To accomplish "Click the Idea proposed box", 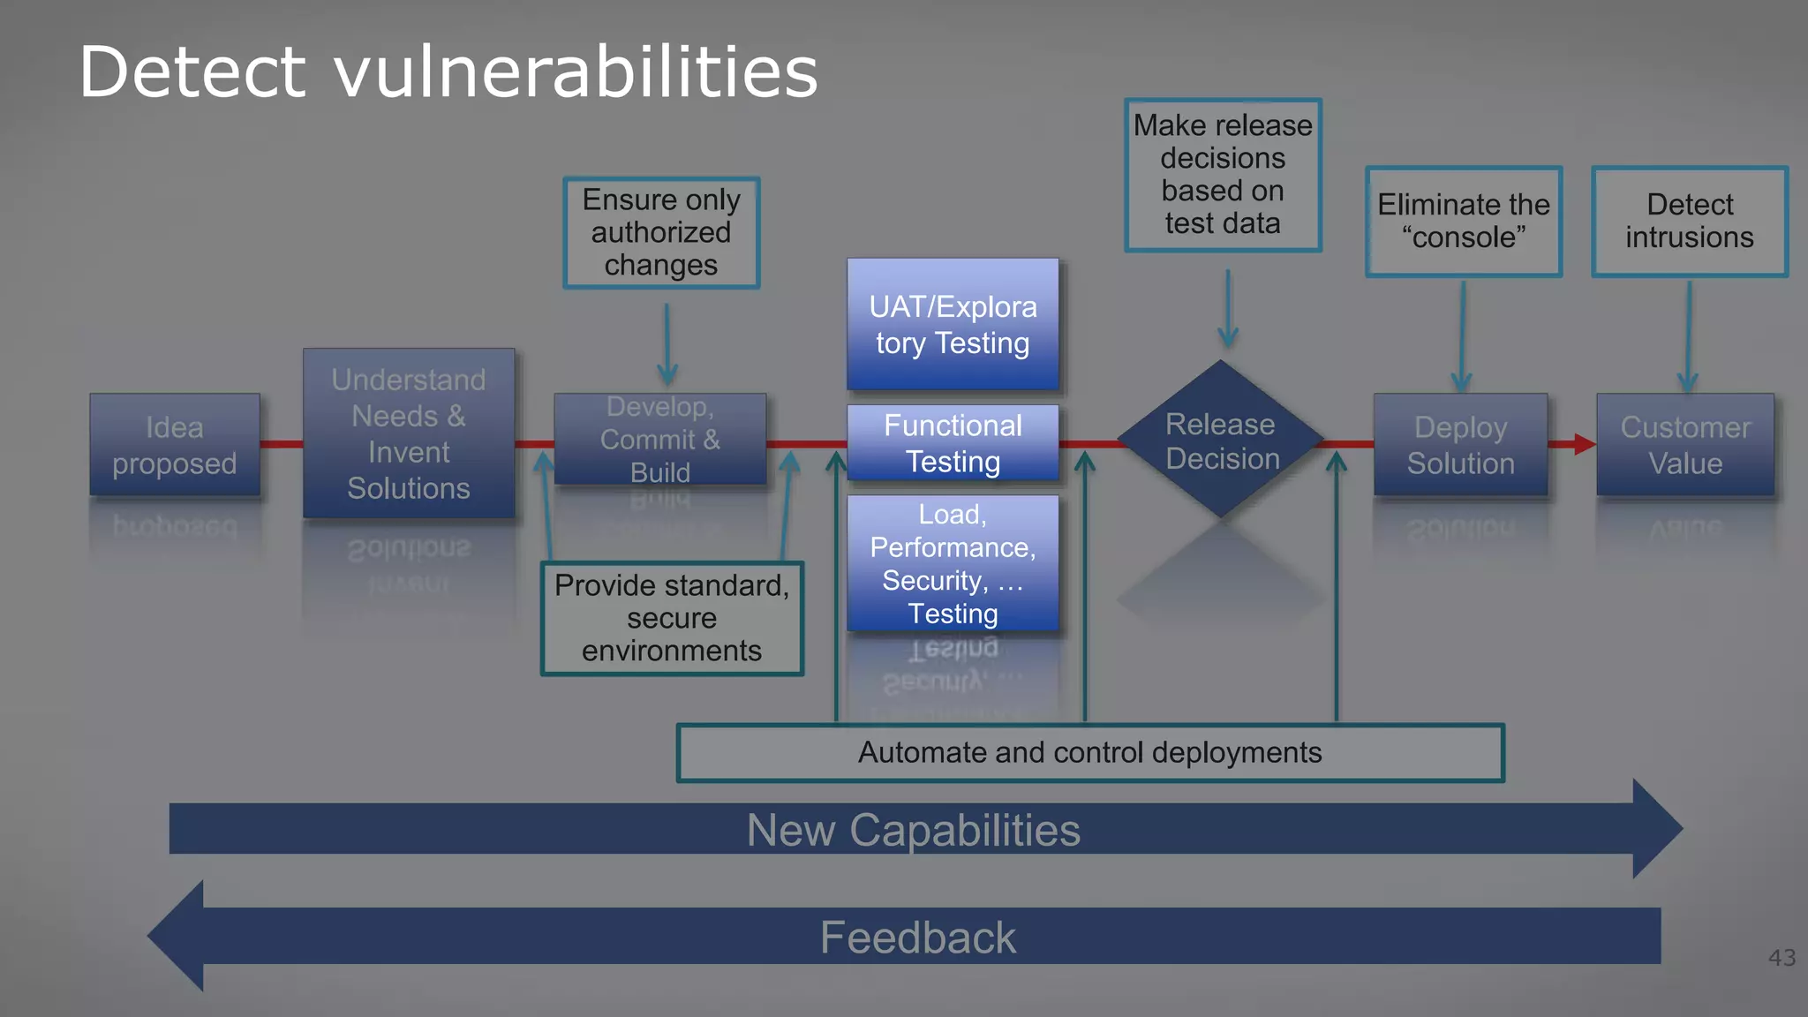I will pyautogui.click(x=175, y=444).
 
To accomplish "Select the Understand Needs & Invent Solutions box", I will pyautogui.click(x=409, y=433).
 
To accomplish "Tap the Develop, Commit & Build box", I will pyautogui.click(x=660, y=439).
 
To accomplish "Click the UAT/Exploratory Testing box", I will pyautogui.click(x=953, y=324).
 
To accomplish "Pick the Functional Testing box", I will pyautogui.click(x=953, y=443).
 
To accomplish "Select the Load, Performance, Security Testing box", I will pyautogui.click(x=953, y=563).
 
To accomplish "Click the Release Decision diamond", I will pyautogui.click(x=1221, y=440).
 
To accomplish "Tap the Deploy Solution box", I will pyautogui.click(x=1460, y=444).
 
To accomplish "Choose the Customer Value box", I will pyautogui.click(x=1684, y=444).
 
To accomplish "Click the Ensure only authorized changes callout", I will pyautogui.click(x=661, y=232).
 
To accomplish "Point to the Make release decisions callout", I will pyautogui.click(x=1223, y=175).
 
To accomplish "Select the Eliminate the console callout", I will pyautogui.click(x=1464, y=222).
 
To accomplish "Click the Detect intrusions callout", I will pyautogui.click(x=1690, y=222).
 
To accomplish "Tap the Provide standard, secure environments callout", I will pyautogui.click(x=672, y=618).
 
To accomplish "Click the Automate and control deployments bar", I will pyautogui.click(x=1090, y=753).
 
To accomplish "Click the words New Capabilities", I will pyautogui.click(x=914, y=830).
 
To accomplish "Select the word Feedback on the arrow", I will pyautogui.click(x=918, y=938).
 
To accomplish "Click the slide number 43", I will pyautogui.click(x=1782, y=958).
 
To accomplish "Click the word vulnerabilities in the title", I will pyautogui.click(x=576, y=72).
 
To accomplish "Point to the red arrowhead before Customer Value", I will pyautogui.click(x=1584, y=444).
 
